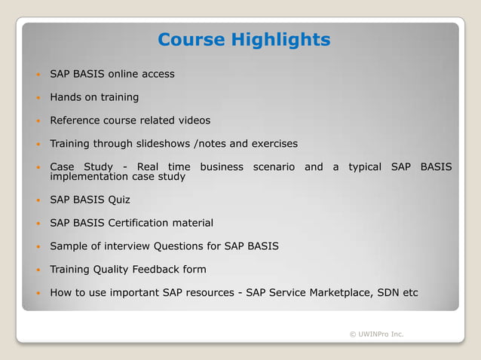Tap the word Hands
click(x=66, y=97)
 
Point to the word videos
click(x=193, y=121)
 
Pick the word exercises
click(x=273, y=143)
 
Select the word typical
click(x=365, y=166)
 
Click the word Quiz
click(x=119, y=200)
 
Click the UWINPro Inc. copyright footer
click(x=376, y=334)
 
